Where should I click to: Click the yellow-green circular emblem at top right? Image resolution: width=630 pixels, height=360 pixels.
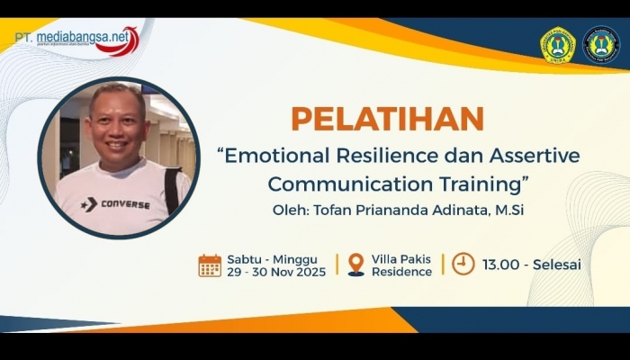click(557, 45)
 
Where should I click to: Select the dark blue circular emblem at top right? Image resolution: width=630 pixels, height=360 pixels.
click(600, 45)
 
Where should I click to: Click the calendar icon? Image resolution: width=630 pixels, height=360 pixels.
click(210, 265)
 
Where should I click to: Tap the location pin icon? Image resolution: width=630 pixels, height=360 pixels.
click(356, 265)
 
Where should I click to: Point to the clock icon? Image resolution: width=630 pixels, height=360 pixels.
click(463, 264)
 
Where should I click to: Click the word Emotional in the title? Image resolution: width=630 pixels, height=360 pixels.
click(274, 155)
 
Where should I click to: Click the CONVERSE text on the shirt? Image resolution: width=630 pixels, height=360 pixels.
click(125, 204)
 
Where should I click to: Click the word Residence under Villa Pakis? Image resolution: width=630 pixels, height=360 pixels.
click(402, 272)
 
